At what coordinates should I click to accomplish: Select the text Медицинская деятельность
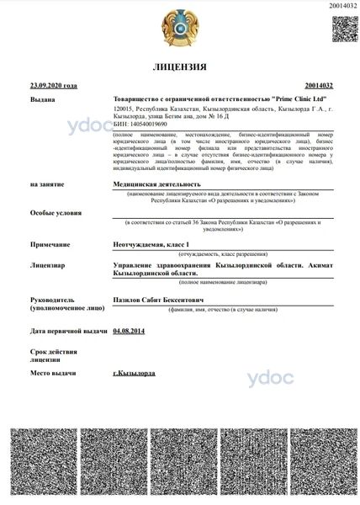click(157, 183)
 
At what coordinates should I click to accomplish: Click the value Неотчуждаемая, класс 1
click(155, 243)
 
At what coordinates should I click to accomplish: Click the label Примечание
click(50, 243)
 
